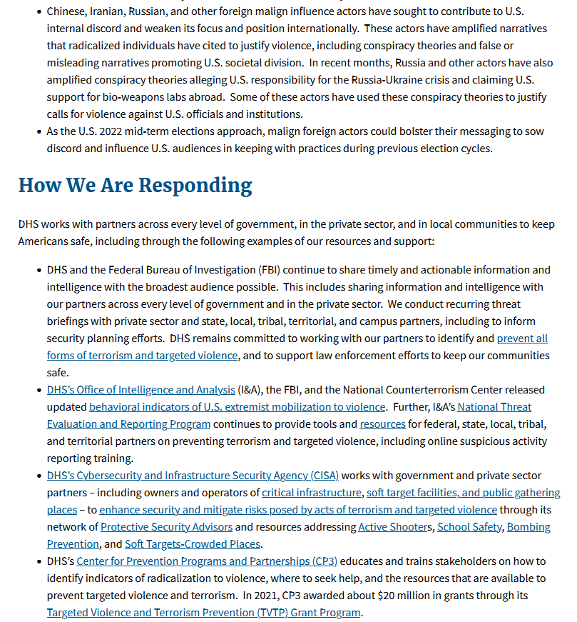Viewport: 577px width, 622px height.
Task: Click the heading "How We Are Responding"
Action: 135,185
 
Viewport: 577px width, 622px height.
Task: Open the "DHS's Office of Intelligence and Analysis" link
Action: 141,390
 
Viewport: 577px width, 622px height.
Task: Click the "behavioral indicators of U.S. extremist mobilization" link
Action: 237,407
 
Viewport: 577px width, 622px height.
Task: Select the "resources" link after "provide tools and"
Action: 382,424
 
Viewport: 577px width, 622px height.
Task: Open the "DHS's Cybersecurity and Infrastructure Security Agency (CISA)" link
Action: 193,476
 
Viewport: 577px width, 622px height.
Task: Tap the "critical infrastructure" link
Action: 312,493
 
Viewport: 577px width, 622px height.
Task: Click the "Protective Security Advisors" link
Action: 166,527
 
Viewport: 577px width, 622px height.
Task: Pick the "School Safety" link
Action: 469,527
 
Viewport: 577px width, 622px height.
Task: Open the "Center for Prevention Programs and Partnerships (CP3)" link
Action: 207,561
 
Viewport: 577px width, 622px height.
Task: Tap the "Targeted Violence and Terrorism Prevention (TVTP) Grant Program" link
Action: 203,613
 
